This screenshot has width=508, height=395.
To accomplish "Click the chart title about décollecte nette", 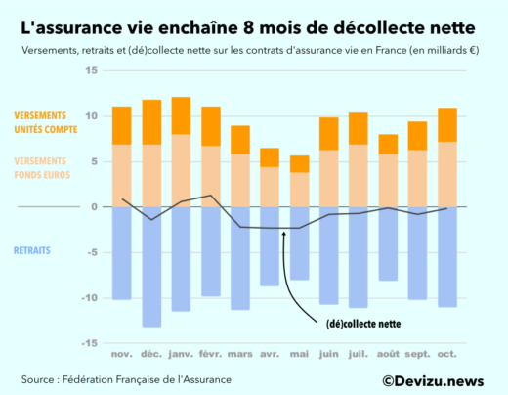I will tap(253, 22).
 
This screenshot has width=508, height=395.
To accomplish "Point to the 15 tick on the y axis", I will tap(91, 71).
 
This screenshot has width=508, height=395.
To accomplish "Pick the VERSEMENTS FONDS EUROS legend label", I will tap(44, 166).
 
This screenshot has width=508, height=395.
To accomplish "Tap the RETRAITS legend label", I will tap(33, 250).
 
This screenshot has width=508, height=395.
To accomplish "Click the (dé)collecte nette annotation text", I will tap(363, 322).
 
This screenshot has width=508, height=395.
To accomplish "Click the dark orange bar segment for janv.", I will tap(181, 115).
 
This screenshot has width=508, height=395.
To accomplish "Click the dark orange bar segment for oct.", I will tap(447, 124).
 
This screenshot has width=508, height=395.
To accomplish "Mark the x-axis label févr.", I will tap(211, 354).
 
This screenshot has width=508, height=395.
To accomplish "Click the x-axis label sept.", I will tap(418, 354).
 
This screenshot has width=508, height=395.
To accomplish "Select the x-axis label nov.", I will tap(121, 354).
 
